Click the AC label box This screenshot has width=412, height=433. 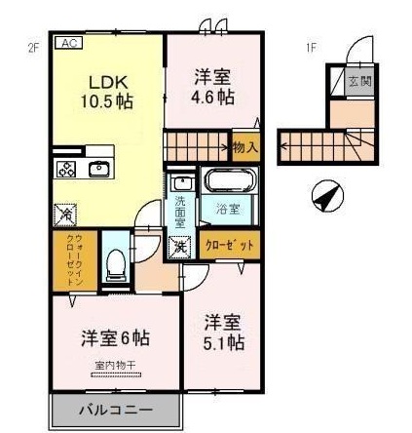(x=72, y=43)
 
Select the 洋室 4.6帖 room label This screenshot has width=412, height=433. (x=212, y=85)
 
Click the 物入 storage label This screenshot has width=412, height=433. (x=244, y=148)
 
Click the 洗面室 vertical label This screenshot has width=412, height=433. (x=181, y=214)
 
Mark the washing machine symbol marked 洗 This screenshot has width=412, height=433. (x=180, y=246)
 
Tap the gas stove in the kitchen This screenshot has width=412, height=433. (x=67, y=169)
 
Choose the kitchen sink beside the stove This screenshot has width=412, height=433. (x=98, y=169)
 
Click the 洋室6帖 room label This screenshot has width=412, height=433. (x=115, y=337)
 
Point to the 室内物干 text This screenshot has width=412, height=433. (x=115, y=366)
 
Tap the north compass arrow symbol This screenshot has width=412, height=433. (x=327, y=197)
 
